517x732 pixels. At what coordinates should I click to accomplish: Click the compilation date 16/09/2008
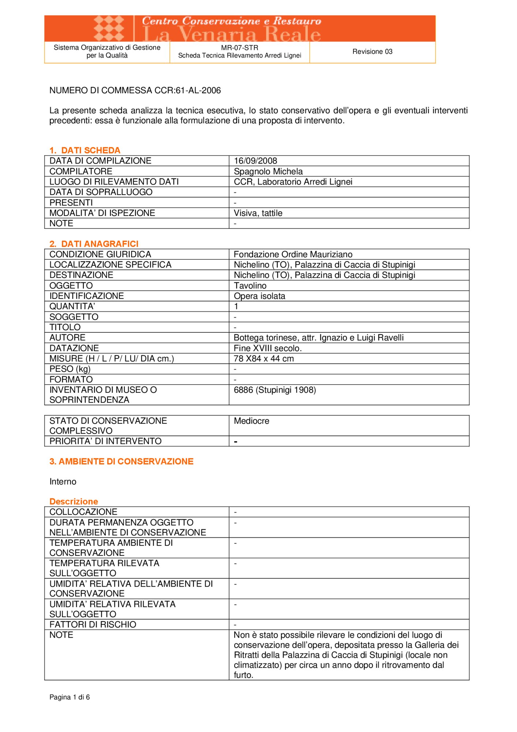255,161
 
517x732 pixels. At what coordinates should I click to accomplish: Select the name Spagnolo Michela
268,171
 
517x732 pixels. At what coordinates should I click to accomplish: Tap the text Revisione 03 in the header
372,52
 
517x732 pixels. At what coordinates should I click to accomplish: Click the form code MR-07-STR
240,48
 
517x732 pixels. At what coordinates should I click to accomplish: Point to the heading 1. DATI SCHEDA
85,150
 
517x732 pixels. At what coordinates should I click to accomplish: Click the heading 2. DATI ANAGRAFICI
94,244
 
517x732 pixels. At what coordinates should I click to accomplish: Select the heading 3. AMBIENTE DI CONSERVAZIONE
121,461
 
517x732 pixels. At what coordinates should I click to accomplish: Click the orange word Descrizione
74,501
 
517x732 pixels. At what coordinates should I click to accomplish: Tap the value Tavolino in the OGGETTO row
250,285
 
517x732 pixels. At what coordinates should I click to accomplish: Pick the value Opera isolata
259,296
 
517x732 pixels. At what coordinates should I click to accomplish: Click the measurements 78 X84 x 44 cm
264,359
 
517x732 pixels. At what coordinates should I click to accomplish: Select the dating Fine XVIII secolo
268,348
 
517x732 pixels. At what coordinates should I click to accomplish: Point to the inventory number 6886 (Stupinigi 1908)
275,390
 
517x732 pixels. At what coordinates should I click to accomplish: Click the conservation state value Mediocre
251,421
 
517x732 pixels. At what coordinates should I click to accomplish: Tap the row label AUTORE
68,337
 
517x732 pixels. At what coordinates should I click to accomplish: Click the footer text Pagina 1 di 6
70,697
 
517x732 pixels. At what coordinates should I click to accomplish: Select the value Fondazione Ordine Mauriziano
293,254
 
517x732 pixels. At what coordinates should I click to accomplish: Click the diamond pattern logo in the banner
109,28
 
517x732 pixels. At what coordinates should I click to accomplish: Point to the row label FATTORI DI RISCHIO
93,624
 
